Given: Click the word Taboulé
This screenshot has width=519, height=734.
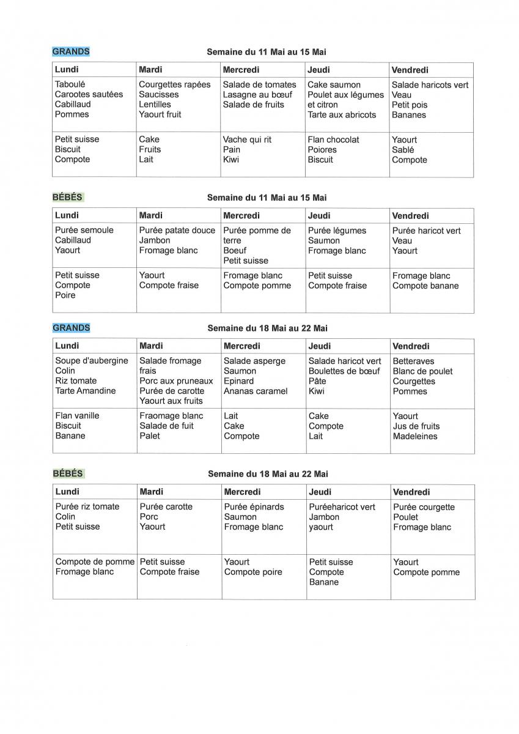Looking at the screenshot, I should [70, 84].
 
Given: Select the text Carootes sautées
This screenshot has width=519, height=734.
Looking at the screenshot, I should [89, 94].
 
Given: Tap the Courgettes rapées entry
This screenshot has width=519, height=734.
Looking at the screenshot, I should [174, 84].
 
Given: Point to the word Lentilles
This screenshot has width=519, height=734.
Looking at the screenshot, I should [155, 104].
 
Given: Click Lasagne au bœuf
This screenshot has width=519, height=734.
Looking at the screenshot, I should [257, 94].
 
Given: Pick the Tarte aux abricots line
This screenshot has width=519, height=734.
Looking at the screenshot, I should [342, 114].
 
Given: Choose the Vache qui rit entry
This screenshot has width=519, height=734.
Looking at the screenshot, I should [246, 139].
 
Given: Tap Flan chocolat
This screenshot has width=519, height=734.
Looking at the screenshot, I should [333, 139].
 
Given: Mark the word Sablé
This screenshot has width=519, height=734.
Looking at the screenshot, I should [403, 149].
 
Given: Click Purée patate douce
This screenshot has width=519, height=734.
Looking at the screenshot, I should [177, 230].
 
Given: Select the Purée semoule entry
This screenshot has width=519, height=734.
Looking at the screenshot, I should [84, 230].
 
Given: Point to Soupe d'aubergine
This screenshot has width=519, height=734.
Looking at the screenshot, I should [92, 360].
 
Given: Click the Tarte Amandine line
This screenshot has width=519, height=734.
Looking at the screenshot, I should [85, 390].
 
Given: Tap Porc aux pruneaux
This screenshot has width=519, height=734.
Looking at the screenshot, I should [176, 380].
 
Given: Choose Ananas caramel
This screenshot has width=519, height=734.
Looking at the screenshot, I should [255, 391].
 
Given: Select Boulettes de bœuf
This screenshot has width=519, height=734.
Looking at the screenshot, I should [344, 371].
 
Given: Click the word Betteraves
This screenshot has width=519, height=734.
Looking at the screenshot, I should [413, 361].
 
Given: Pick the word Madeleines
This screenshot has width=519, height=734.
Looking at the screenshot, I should [415, 436].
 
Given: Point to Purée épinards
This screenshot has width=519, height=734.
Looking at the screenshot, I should [254, 506].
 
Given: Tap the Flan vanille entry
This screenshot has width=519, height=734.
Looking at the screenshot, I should [77, 415].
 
